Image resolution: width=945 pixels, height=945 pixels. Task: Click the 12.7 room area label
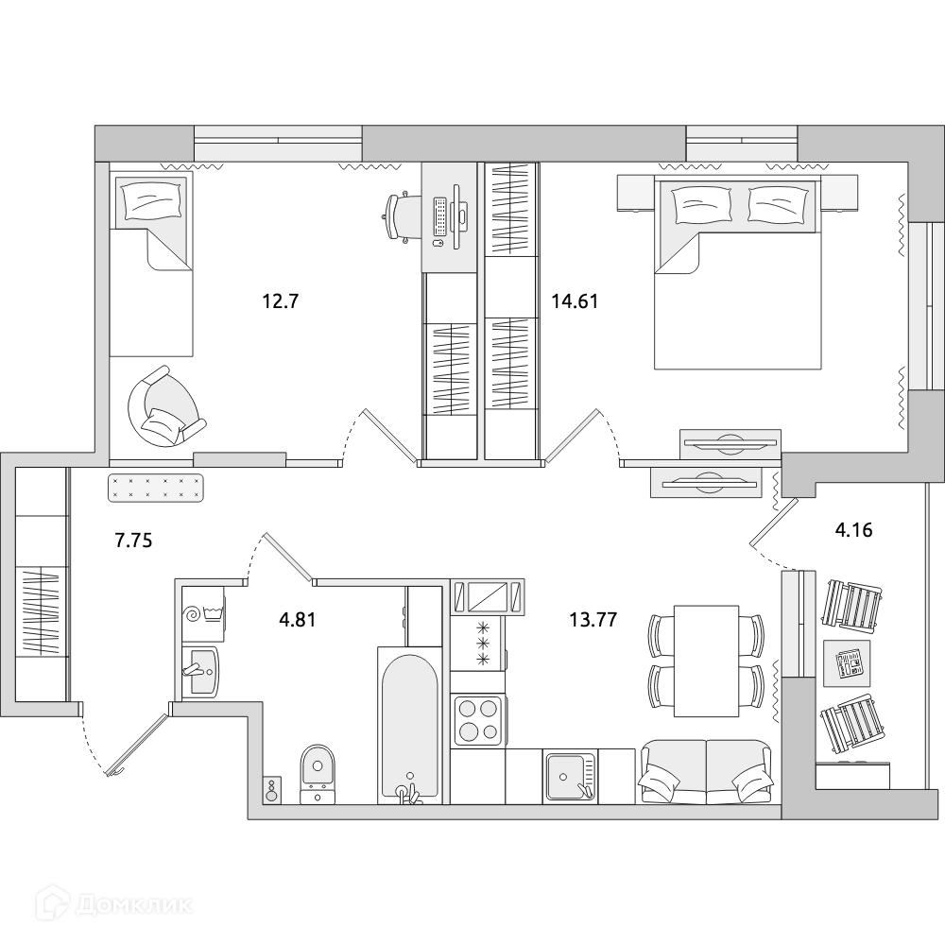[280, 302]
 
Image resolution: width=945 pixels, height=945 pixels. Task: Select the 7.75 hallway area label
[133, 541]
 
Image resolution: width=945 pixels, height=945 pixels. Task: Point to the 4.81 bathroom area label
[296, 620]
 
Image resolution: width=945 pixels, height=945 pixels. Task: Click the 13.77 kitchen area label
[593, 620]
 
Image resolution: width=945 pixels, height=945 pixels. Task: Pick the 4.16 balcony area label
[852, 530]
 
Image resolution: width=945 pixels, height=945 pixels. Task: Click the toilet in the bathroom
[318, 773]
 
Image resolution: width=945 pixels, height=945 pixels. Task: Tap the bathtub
[408, 723]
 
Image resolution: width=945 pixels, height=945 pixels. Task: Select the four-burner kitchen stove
[477, 719]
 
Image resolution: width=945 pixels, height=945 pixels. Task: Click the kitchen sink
[569, 775]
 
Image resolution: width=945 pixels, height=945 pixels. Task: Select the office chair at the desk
[401, 217]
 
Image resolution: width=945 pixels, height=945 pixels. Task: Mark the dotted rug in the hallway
[158, 487]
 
